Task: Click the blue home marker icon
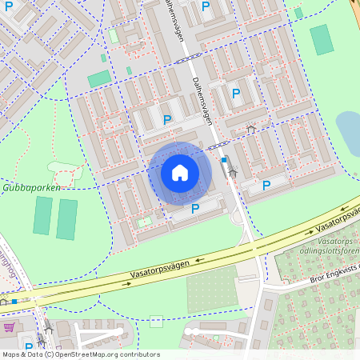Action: click(x=180, y=173)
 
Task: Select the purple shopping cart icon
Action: click(x=9, y=327)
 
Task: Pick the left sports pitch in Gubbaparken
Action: click(x=42, y=216)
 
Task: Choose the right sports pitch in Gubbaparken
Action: click(x=67, y=219)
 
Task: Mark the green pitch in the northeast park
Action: click(x=322, y=39)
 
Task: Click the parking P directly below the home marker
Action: click(x=195, y=209)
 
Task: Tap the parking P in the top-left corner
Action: click(x=9, y=6)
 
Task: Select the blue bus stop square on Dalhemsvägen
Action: click(x=224, y=160)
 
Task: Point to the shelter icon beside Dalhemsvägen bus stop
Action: click(x=233, y=170)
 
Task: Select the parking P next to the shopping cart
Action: click(x=29, y=347)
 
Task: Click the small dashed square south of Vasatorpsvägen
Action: click(x=156, y=322)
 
